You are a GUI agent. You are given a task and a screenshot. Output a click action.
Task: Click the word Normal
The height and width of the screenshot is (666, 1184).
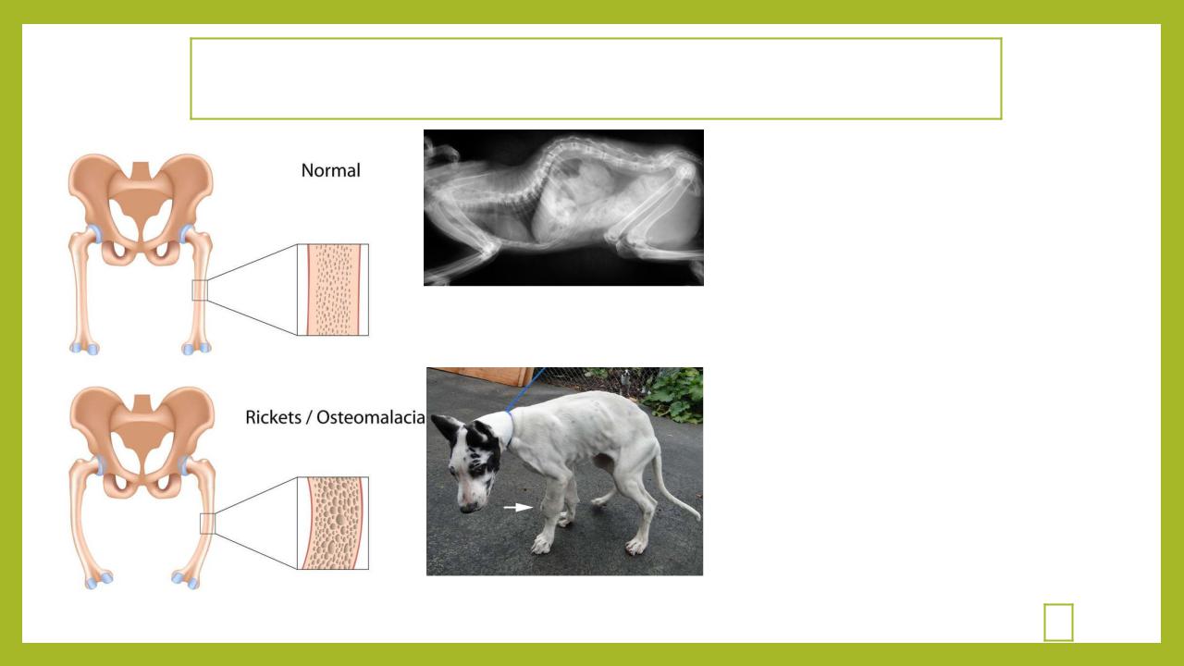tap(331, 170)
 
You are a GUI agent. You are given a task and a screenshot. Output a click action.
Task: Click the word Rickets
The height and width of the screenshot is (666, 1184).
tap(273, 417)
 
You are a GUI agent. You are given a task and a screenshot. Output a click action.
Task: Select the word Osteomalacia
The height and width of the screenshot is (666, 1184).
tap(371, 417)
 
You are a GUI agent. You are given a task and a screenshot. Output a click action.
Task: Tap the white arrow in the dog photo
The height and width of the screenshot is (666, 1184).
tap(517, 508)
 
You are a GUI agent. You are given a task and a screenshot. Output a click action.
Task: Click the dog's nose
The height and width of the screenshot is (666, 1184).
tap(467, 509)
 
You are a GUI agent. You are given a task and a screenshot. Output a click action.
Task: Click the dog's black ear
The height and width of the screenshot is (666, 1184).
tap(446, 428)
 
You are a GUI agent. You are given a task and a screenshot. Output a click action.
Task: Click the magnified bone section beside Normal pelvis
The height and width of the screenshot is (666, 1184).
tap(333, 290)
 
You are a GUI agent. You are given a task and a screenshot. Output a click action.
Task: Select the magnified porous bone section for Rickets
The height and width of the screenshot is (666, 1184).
tap(333, 524)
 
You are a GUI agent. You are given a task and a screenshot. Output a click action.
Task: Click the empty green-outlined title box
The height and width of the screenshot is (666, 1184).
tap(596, 39)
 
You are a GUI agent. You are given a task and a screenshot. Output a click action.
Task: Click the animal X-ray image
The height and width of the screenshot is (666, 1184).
tap(563, 208)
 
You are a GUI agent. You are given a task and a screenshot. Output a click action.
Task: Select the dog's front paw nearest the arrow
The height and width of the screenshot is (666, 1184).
tap(542, 543)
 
